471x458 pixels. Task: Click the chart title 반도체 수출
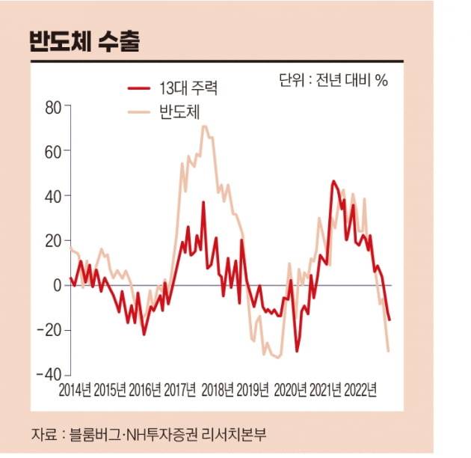(x=84, y=40)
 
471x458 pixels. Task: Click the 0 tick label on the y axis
(x=56, y=286)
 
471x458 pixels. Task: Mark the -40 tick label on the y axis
(x=49, y=374)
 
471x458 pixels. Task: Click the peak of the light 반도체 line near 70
(x=204, y=126)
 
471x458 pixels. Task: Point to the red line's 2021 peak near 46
(x=333, y=181)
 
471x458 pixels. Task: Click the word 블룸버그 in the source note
(x=95, y=433)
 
